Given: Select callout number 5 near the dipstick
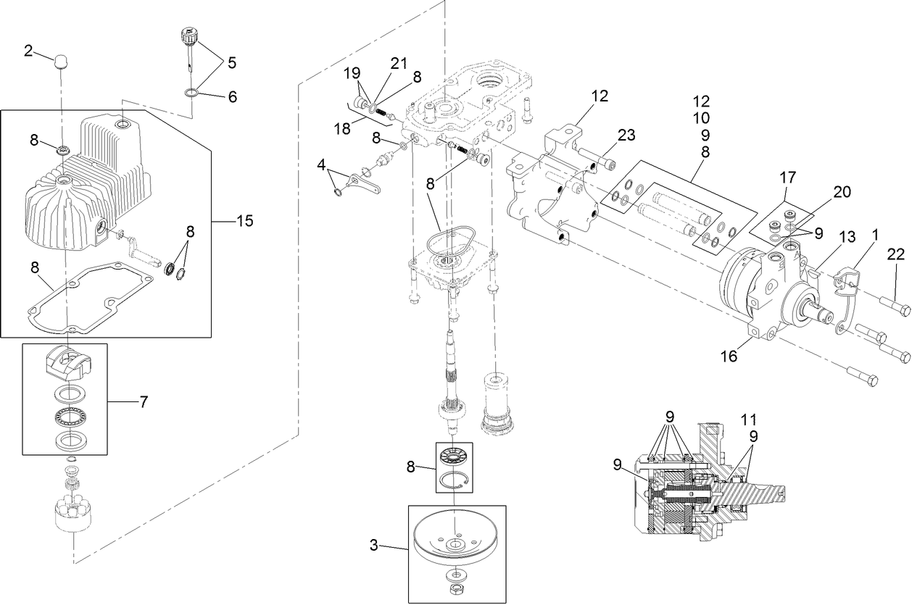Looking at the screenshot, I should pos(231,63).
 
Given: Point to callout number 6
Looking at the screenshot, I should pos(232,96).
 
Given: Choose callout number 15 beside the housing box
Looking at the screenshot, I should pos(244,221).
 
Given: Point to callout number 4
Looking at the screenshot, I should pos(321,164).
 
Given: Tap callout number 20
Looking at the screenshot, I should pos(841,192).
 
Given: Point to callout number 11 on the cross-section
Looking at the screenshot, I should pos(749,418).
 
